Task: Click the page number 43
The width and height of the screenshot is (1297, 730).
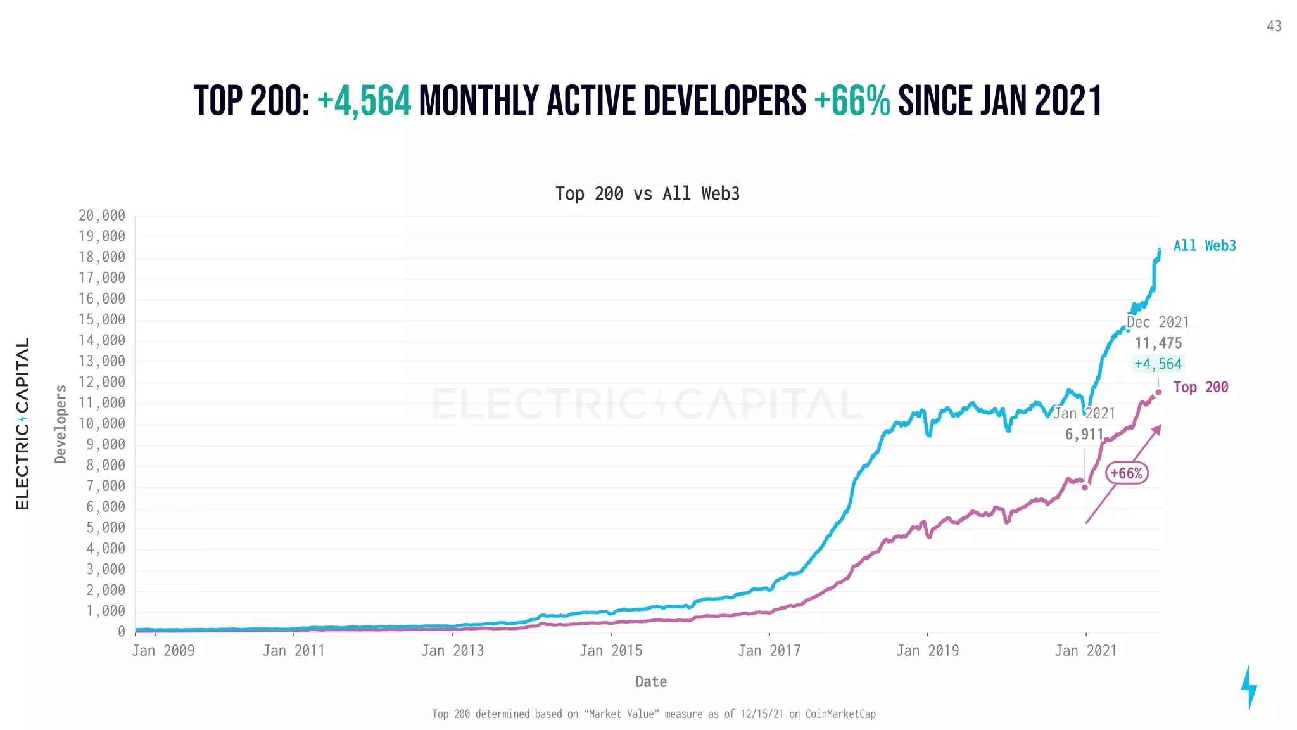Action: tap(1274, 26)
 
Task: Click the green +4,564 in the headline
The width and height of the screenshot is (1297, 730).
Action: tap(364, 101)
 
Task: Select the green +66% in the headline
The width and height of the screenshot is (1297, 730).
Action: tap(852, 101)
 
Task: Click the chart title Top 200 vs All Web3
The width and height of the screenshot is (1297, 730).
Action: tap(647, 193)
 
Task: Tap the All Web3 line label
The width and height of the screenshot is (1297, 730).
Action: tap(1204, 246)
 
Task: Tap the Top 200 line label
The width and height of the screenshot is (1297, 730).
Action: tap(1200, 387)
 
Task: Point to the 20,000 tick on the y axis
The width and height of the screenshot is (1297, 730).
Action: tap(102, 215)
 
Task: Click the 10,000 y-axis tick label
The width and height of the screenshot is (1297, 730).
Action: tap(102, 424)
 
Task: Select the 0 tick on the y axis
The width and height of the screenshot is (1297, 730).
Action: tap(121, 632)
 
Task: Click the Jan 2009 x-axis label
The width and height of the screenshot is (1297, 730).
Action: tap(163, 651)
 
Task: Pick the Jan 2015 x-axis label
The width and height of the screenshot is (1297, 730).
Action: tap(611, 651)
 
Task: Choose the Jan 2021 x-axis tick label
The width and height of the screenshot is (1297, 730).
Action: tap(1085, 651)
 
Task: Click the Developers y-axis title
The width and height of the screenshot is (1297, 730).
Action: tap(61, 424)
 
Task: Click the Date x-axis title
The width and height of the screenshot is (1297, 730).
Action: tap(651, 682)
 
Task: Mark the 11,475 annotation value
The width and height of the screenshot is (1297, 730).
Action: tap(1158, 343)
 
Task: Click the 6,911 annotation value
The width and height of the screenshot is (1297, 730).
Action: tap(1084, 435)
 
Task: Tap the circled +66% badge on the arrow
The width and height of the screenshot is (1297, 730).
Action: tap(1127, 473)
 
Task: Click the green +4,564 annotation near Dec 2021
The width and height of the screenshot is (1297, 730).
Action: tap(1158, 364)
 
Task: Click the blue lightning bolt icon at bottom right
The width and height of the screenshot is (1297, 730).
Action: tap(1248, 687)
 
